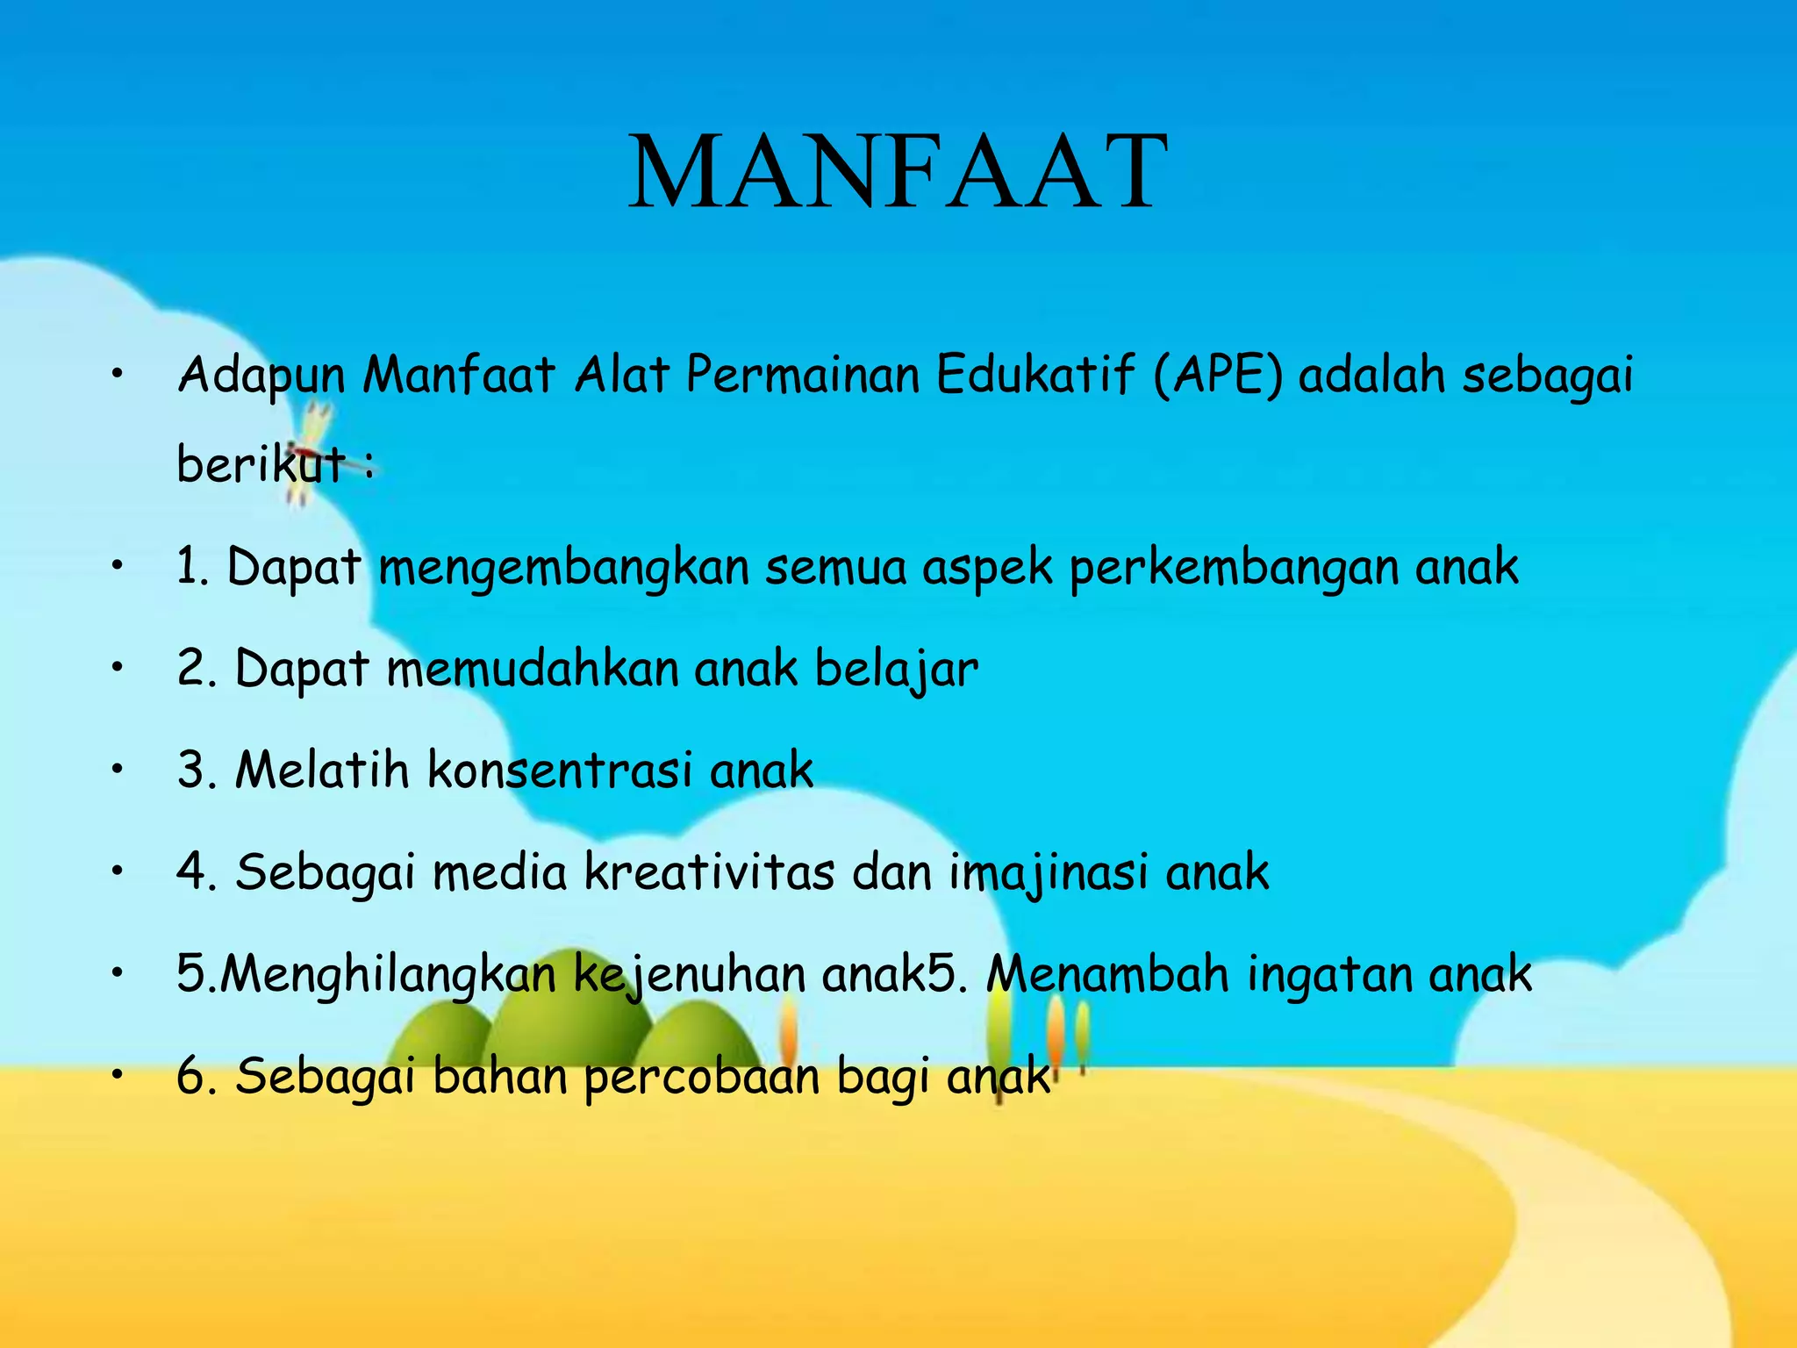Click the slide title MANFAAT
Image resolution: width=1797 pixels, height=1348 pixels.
pyautogui.click(x=898, y=171)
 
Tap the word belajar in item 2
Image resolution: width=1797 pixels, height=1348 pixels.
pyautogui.click(x=896, y=669)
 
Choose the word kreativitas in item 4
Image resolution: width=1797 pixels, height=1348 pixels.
pyautogui.click(x=709, y=872)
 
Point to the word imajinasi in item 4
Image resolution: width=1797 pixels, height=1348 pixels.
pyautogui.click(x=1048, y=872)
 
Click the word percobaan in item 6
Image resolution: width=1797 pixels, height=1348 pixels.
pyautogui.click(x=701, y=1077)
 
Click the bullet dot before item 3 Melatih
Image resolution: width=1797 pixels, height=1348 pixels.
pyautogui.click(x=117, y=770)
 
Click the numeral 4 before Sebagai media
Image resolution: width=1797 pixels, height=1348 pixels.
pyautogui.click(x=191, y=872)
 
